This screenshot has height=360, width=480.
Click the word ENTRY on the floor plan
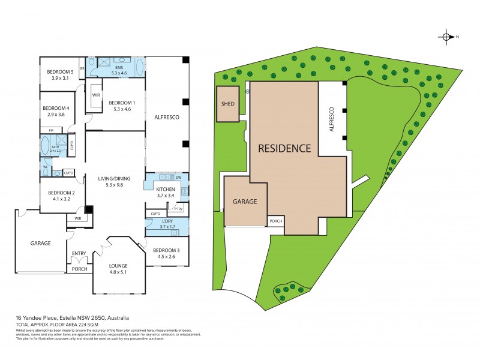[x=79, y=253]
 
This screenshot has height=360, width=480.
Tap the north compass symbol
[x=448, y=37]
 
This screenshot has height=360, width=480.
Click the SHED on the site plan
[x=227, y=103]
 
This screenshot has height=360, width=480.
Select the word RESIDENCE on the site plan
[x=284, y=148]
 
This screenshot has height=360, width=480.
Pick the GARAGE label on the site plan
[x=245, y=202]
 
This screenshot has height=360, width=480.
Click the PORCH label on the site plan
[x=276, y=221]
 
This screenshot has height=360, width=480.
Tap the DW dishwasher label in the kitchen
[x=179, y=178]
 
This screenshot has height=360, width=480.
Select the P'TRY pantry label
[x=178, y=208]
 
